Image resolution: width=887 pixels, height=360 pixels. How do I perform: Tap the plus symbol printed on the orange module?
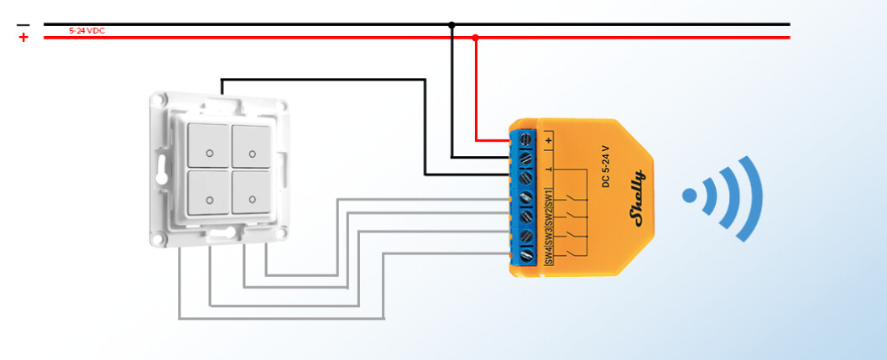[549, 139]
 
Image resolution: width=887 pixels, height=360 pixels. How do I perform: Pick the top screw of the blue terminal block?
[526, 138]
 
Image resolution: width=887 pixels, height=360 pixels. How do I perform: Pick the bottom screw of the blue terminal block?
[526, 254]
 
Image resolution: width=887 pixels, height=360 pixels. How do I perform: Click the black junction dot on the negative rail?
[451, 25]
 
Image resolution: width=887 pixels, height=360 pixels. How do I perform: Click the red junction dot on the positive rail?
[476, 38]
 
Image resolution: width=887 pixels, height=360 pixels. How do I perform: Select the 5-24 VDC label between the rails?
[86, 31]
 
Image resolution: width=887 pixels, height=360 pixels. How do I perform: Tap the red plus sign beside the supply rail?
[23, 38]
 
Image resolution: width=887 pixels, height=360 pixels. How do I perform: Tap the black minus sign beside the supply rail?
[23, 25]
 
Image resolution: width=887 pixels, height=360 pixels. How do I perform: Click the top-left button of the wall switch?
[209, 146]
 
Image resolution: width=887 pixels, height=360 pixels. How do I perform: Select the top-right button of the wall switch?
[253, 146]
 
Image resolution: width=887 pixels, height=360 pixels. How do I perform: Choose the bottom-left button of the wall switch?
[209, 193]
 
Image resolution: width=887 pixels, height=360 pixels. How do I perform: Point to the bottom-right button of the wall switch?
[253, 193]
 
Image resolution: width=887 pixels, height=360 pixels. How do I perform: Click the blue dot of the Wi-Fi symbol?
[690, 196]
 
